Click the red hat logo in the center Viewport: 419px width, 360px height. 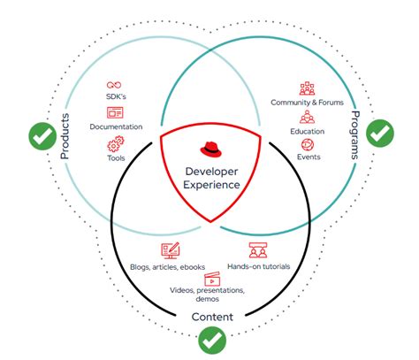tap(209, 149)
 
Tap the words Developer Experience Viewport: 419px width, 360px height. tap(209, 177)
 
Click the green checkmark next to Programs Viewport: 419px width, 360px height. tap(380, 134)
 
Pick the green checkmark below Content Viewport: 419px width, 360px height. tap(210, 338)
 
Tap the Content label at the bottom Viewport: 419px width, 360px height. tap(210, 316)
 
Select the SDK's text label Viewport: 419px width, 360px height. tap(115, 96)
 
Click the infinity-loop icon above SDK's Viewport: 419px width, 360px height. tap(115, 82)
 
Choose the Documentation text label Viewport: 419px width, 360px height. tap(115, 126)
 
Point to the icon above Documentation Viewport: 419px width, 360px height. tap(115, 112)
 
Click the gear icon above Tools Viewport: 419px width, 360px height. tap(115, 144)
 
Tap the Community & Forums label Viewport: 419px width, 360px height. tap(307, 103)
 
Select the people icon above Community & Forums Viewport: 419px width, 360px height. tap(307, 88)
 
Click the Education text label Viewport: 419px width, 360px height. tap(307, 130)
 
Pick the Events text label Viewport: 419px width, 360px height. tap(308, 157)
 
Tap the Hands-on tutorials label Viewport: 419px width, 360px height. tap(258, 265)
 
